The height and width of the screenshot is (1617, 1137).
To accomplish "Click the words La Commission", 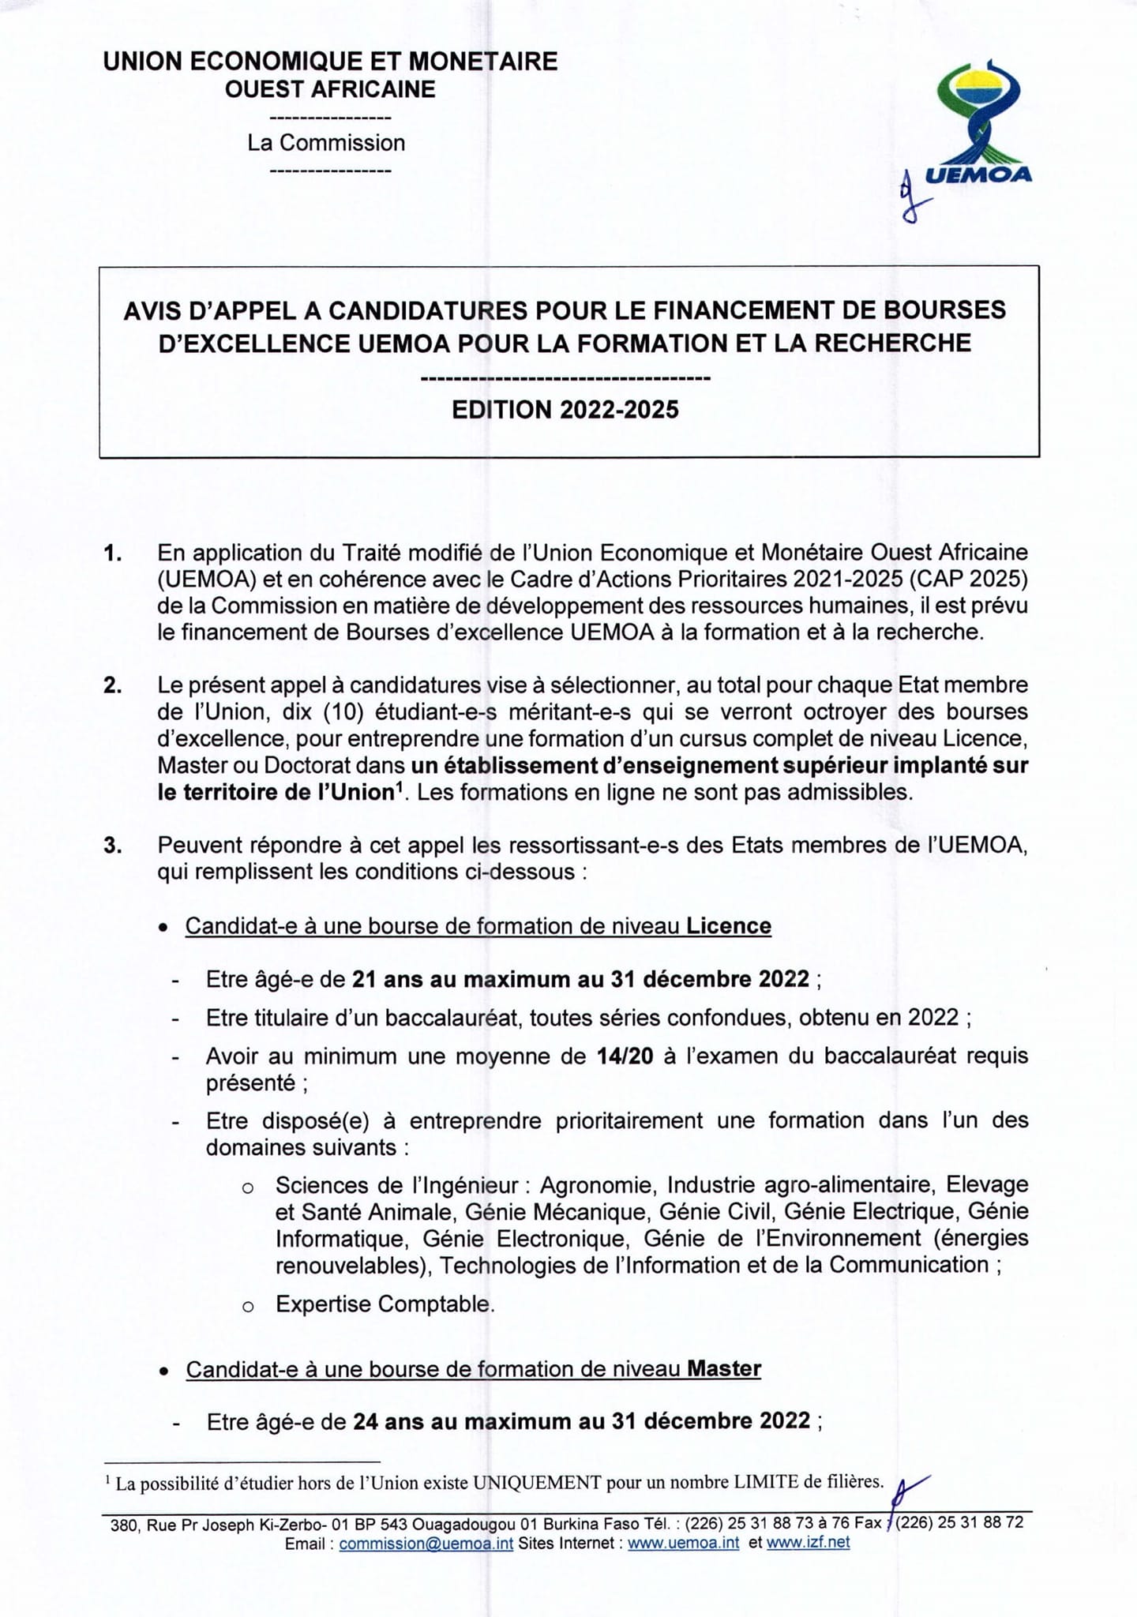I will pos(326,143).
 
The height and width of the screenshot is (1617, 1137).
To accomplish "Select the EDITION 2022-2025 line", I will pos(565,410).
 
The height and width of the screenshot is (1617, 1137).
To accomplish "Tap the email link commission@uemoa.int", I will pos(426,1543).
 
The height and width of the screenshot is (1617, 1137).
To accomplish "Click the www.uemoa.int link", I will pos(683,1543).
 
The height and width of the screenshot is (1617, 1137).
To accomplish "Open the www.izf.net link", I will pos(808,1543).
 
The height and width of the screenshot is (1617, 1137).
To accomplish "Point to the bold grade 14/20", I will pos(625,1056).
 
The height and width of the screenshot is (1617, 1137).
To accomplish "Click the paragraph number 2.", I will pos(112,685).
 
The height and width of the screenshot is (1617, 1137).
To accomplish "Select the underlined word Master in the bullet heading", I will pos(724,1368).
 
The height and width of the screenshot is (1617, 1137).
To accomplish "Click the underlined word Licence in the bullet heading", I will pos(728,925).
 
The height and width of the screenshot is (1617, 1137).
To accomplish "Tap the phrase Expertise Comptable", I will pos(384,1304).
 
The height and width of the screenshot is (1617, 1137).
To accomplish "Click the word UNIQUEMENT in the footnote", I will pos(537,1482).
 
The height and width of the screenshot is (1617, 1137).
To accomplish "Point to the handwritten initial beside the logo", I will pos(910,198).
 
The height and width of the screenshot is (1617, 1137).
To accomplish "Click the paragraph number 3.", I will pos(112,846).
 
